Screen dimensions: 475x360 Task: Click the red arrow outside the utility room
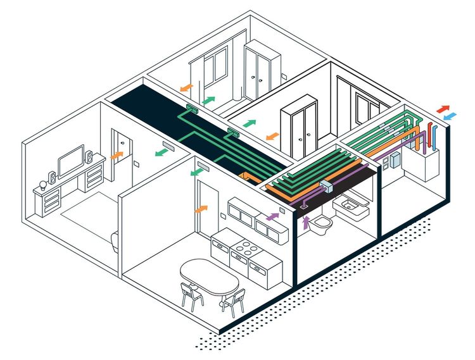(443, 109)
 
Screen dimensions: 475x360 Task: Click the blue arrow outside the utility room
(450, 118)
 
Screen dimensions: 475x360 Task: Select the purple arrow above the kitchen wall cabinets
(273, 216)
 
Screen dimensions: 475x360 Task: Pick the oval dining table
(210, 276)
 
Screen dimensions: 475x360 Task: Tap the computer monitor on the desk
(71, 162)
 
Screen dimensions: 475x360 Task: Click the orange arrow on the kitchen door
(201, 208)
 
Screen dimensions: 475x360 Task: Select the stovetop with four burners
(243, 247)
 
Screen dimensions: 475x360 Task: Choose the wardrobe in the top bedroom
(262, 70)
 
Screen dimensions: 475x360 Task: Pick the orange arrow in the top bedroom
(186, 87)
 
